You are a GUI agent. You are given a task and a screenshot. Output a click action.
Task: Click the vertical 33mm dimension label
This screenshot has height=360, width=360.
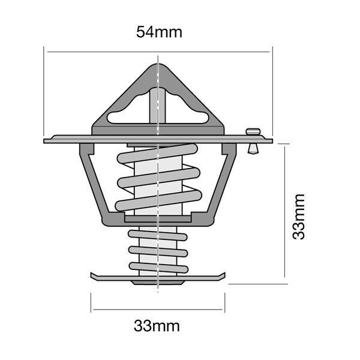[x=298, y=216]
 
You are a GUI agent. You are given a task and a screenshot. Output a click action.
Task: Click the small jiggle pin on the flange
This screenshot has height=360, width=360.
[x=252, y=139]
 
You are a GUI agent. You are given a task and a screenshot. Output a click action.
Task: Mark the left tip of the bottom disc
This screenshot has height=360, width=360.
[x=92, y=276]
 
